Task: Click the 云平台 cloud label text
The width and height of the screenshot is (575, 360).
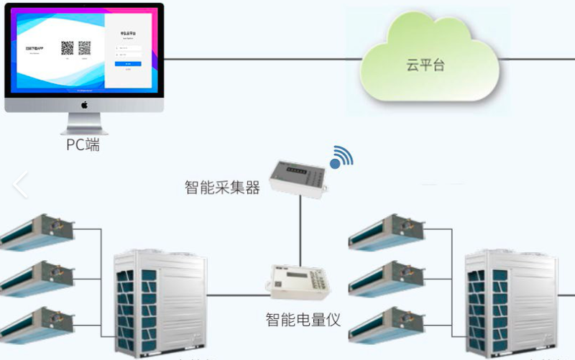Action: pyautogui.click(x=425, y=65)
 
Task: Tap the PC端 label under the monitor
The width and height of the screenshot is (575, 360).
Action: pyautogui.click(x=83, y=145)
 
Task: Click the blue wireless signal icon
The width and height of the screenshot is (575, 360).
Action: pyautogui.click(x=341, y=158)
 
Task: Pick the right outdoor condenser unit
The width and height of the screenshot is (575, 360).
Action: pyautogui.click(x=511, y=303)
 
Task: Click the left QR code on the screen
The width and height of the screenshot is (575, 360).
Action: pyautogui.click(x=68, y=48)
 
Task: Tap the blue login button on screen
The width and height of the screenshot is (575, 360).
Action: pyautogui.click(x=128, y=63)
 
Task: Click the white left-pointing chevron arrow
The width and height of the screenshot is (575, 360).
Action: pyautogui.click(x=20, y=185)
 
